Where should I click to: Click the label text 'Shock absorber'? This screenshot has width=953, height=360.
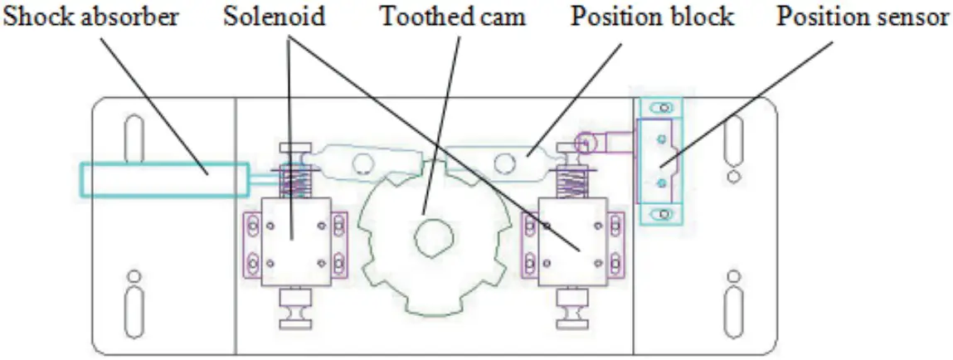[x=90, y=17]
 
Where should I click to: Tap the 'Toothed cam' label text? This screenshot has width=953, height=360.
[x=453, y=17]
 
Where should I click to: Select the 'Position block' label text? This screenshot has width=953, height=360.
[x=652, y=17]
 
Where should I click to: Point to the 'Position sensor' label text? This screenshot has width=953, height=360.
[x=863, y=17]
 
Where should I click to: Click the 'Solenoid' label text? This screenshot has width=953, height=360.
[x=274, y=17]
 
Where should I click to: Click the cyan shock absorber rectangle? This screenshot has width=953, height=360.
[x=164, y=179]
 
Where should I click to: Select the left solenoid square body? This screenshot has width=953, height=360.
[x=296, y=241]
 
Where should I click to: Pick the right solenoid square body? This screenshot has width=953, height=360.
[x=573, y=241]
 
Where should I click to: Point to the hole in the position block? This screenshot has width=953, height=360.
[x=503, y=163]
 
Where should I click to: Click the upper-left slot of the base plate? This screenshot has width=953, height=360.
[x=134, y=139]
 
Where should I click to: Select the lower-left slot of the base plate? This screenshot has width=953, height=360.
[x=134, y=308]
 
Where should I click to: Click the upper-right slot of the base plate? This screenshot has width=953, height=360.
[x=734, y=139]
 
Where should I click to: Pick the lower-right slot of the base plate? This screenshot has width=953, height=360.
[x=734, y=308]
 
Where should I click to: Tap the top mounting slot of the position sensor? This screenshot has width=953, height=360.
[x=663, y=108]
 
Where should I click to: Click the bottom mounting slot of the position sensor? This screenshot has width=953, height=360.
[x=663, y=213]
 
